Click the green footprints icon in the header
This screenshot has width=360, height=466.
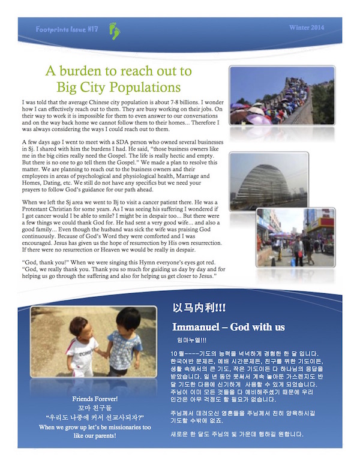click(x=114, y=28)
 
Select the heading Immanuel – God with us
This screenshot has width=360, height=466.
click(x=227, y=327)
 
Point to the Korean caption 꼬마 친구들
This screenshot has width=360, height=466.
click(x=94, y=408)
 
